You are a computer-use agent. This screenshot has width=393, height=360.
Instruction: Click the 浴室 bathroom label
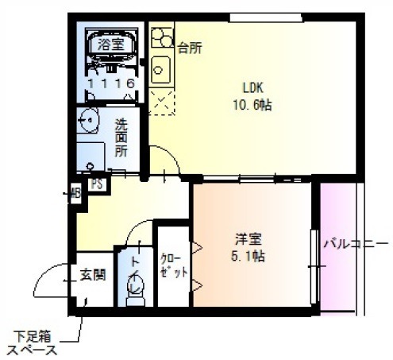coord(111,45)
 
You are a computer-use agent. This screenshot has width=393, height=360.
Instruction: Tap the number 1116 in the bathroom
coord(111,83)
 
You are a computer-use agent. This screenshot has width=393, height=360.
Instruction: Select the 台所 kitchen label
coord(190,48)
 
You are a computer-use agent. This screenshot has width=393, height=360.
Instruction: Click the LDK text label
coord(253,88)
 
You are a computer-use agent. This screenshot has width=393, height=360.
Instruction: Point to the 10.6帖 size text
coord(252,105)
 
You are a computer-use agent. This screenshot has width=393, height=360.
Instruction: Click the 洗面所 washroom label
coord(121,137)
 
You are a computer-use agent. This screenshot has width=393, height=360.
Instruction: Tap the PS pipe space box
coord(97,184)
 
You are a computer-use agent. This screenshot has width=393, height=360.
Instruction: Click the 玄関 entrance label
coord(93,275)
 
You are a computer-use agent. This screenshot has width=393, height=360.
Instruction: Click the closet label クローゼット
coord(174,265)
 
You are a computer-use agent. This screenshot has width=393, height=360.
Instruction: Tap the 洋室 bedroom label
coord(249,239)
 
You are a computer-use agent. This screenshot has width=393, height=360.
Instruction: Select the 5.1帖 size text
coord(248,256)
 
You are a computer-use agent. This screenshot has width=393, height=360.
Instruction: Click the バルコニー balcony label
coord(356,243)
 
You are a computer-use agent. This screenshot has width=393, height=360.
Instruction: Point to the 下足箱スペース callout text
coord(33,344)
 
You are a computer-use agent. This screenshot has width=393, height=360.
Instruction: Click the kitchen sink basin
coord(160,71)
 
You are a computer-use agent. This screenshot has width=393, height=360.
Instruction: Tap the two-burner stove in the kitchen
coord(162,37)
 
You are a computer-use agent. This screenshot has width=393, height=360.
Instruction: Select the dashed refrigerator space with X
coord(161,103)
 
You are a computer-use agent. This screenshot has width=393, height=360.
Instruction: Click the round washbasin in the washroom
coord(88,120)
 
